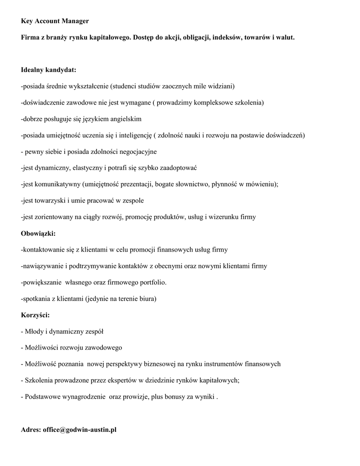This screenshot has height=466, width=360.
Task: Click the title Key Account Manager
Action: click(55, 21)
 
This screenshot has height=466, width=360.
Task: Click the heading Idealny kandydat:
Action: click(49, 70)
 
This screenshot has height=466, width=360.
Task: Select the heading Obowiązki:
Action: click(38, 233)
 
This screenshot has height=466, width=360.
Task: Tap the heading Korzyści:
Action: click(35, 315)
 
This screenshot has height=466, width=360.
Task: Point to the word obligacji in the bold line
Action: click(196, 37)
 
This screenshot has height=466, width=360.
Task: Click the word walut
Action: click(285, 37)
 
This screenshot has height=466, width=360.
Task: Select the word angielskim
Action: click(126, 119)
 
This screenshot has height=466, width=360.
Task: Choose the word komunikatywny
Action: click(56, 185)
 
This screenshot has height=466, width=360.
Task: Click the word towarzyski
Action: click(50, 201)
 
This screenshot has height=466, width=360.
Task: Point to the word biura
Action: click(146, 299)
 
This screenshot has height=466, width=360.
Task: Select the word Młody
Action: click(34, 331)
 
